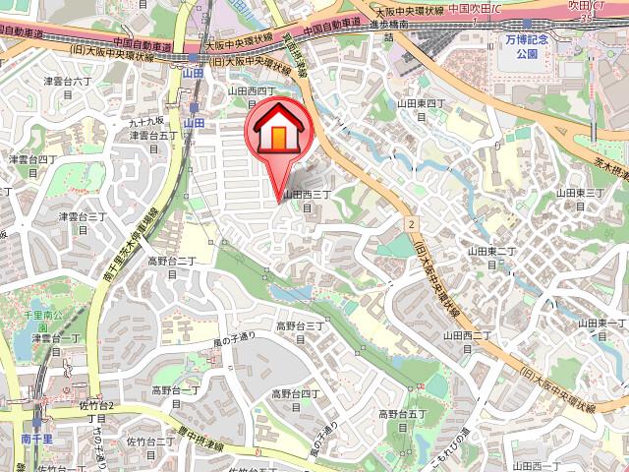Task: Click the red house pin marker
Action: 280,131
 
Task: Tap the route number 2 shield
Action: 410,225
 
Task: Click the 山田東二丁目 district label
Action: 491,258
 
